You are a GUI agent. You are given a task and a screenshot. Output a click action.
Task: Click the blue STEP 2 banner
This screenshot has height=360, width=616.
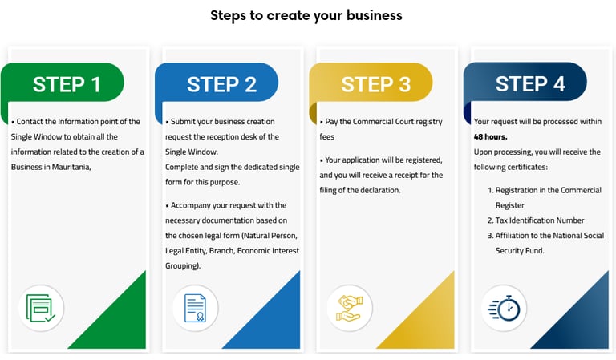[x=221, y=83]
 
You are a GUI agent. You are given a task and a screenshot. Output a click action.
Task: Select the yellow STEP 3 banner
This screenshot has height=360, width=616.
[x=375, y=83]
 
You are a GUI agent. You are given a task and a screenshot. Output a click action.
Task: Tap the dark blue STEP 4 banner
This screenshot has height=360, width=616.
[x=529, y=83]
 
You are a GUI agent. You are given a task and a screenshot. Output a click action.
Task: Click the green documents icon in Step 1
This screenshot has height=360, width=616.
[x=40, y=308]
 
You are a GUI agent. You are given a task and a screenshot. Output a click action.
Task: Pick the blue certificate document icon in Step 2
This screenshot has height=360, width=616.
[x=195, y=308]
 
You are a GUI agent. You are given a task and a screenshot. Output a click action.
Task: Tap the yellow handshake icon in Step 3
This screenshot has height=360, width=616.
[x=349, y=308]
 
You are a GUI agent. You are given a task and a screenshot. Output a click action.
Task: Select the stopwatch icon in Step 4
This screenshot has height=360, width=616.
[x=504, y=308]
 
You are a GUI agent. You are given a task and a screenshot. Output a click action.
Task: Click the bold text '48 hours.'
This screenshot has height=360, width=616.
[x=489, y=137]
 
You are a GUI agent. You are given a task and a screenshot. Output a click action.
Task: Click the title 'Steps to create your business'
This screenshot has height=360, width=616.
[x=306, y=15]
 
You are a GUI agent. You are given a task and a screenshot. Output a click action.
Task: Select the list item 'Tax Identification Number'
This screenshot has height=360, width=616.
[x=540, y=220]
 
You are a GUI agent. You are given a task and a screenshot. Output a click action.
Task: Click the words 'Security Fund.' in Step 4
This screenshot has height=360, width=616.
[x=520, y=251]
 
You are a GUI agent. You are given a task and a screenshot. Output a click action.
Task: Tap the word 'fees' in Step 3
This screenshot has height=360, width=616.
[x=327, y=137]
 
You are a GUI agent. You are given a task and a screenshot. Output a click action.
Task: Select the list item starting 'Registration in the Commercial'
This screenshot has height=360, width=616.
[x=548, y=190]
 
